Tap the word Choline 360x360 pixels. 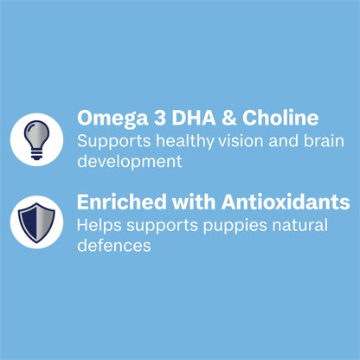pos(280,118)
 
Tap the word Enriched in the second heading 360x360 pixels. pos(117,202)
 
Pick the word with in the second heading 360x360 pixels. pos(180,202)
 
